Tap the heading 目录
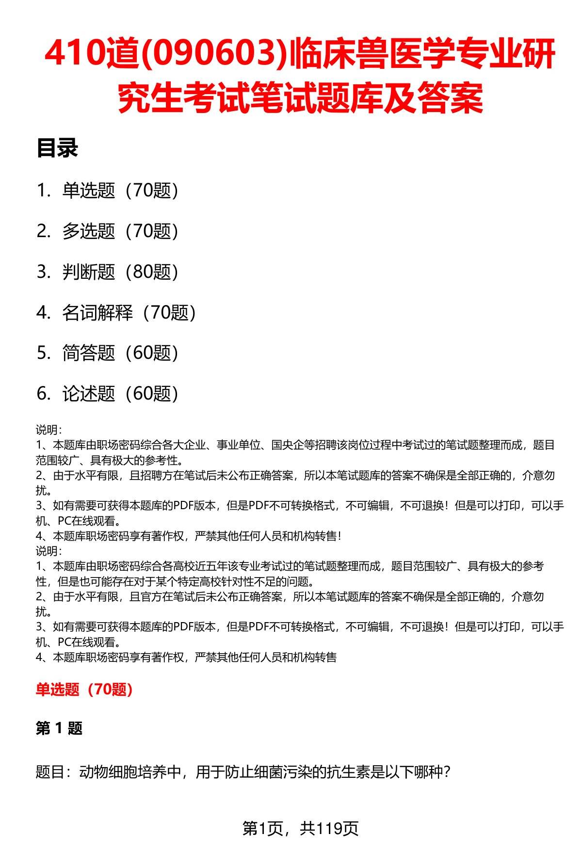pos(57,148)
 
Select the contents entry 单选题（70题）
pos(120,191)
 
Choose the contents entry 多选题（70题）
pos(120,231)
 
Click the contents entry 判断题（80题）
pos(120,272)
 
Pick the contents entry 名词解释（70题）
pos(129,313)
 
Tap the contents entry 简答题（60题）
pos(120,353)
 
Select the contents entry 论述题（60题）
pos(120,394)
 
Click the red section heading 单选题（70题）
pos(84,689)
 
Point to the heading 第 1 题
pos(59,728)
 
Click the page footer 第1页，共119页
pos(300,829)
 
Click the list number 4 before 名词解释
pos(43,313)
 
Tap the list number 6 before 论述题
pos(43,394)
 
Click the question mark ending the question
pos(448,771)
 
